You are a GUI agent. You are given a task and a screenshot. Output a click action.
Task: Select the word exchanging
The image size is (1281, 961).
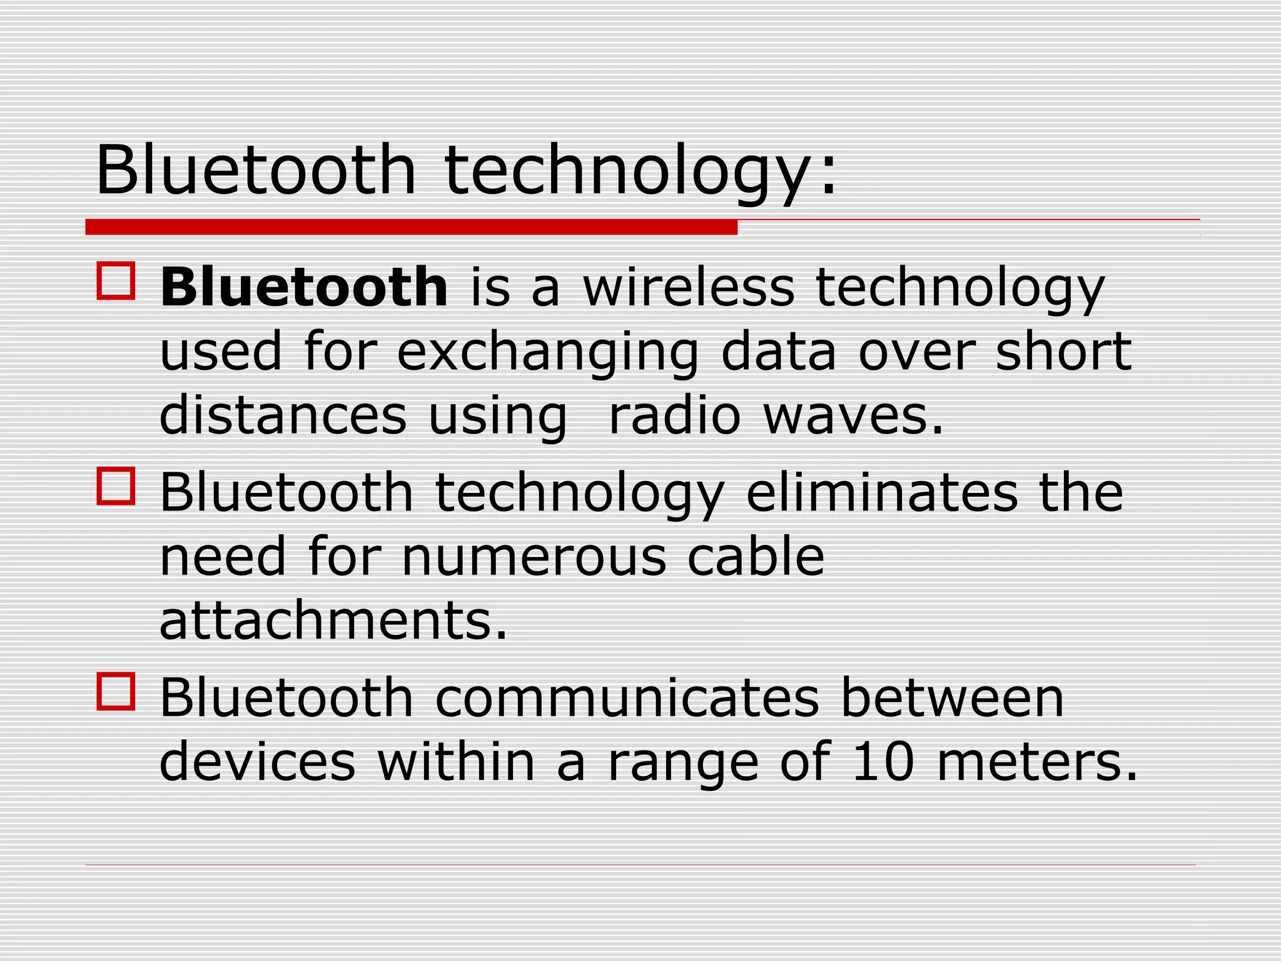tap(547, 352)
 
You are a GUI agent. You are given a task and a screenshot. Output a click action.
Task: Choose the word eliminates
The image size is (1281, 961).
tap(882, 492)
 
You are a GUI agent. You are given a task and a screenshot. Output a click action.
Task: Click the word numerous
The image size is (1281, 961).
tap(534, 556)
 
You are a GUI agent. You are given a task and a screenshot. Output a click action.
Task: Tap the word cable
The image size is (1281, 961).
tap(756, 556)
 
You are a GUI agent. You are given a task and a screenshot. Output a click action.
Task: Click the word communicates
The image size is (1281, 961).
tap(627, 698)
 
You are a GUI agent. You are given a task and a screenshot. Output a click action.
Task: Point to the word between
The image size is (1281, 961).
tap(952, 698)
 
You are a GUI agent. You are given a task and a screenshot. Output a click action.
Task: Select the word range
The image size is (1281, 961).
tap(683, 763)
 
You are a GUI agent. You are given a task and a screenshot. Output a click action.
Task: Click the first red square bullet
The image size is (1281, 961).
tap(116, 281)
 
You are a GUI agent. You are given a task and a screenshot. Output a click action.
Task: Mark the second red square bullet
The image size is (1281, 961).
tap(116, 486)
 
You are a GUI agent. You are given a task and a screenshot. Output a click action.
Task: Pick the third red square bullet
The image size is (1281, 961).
tap(116, 691)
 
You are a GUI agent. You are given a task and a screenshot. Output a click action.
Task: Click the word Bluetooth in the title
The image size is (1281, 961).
tap(256, 170)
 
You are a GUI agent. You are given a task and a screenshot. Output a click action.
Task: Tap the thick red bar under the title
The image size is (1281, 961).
tap(411, 227)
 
